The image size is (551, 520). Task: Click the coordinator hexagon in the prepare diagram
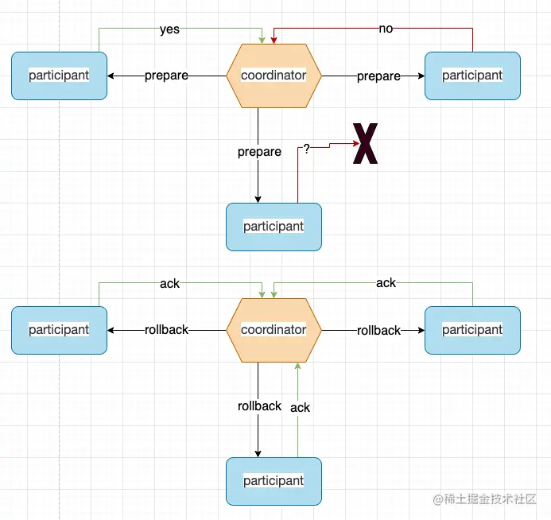[274, 76]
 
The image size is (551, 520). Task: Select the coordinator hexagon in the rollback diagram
[274, 329]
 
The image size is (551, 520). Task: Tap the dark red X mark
[365, 144]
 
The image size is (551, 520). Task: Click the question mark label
[306, 149]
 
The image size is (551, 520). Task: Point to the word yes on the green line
[169, 29]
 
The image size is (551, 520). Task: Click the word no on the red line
[386, 29]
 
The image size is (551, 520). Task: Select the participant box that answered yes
[59, 76]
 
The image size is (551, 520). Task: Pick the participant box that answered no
[472, 76]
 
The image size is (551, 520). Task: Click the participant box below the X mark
[274, 227]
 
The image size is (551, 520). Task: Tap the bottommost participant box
[274, 481]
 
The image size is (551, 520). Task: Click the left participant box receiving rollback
[59, 329]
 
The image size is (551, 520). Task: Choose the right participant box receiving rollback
[472, 329]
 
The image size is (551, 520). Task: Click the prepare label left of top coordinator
[166, 76]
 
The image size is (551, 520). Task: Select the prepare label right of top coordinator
[378, 76]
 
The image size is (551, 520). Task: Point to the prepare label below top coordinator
[259, 152]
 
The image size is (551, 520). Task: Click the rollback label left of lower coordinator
[166, 329]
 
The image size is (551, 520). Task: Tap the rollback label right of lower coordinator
[378, 330]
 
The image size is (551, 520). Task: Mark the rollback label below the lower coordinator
[259, 406]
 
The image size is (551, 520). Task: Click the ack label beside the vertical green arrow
[300, 407]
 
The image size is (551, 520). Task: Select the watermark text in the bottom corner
[487, 499]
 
